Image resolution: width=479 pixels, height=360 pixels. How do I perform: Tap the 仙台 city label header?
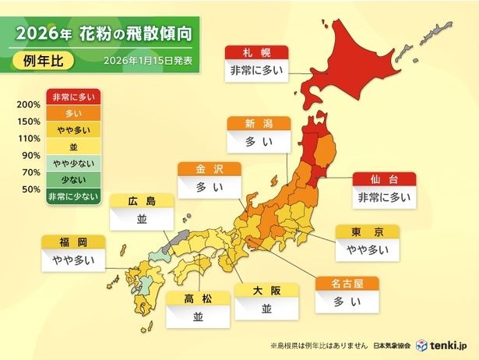pyautogui.click(x=383, y=178)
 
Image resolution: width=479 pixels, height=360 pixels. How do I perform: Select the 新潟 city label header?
pyautogui.click(x=258, y=124)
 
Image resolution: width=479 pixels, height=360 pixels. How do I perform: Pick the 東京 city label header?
pyautogui.click(x=367, y=231)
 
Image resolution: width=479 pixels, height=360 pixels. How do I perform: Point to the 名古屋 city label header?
pyautogui.click(x=346, y=283)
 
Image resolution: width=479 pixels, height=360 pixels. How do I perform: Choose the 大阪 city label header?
pyautogui.click(x=266, y=291)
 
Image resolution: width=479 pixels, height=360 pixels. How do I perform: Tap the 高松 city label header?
pyautogui.click(x=197, y=298)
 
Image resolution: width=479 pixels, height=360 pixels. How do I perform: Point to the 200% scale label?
pyautogui.click(x=27, y=105)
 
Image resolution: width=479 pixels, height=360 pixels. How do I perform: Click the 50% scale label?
pyautogui.click(x=30, y=189)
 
